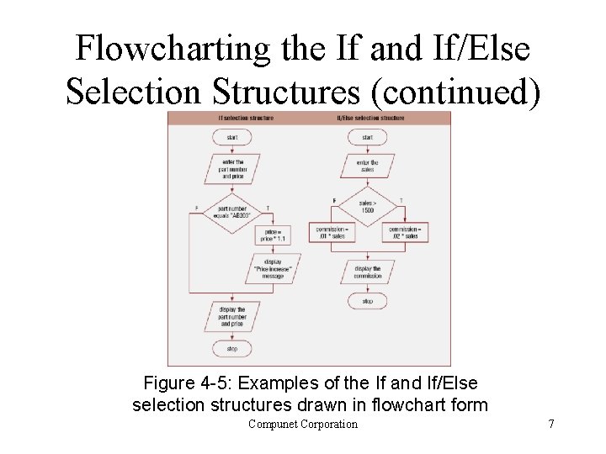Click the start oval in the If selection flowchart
click(232, 137)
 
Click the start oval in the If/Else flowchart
click(367, 137)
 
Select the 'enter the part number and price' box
click(232, 170)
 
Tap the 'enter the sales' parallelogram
click(367, 166)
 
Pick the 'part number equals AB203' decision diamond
click(233, 211)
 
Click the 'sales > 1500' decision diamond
click(367, 206)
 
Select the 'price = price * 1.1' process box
click(274, 235)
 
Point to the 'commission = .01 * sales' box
click(332, 232)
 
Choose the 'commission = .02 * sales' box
click(404, 232)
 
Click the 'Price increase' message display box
click(274, 268)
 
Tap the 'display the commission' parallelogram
click(367, 272)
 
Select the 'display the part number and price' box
click(232, 316)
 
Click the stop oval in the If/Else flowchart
click(367, 300)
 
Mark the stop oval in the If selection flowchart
click(232, 348)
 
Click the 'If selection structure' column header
click(245, 119)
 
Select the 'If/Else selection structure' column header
click(370, 119)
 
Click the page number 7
click(551, 424)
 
